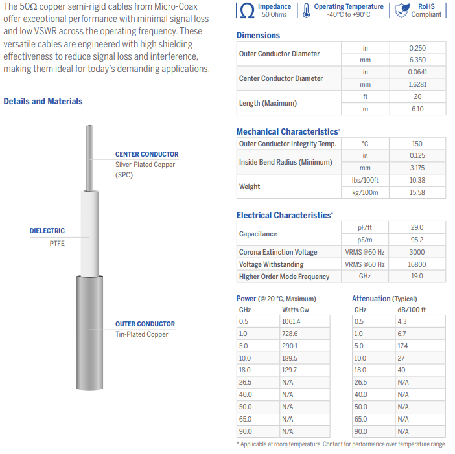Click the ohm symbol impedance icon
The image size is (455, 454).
tap(247, 10)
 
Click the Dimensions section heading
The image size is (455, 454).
tap(258, 35)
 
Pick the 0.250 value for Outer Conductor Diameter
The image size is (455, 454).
tap(417, 48)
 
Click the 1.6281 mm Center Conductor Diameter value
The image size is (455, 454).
tap(417, 84)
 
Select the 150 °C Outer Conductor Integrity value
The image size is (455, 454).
tap(417, 144)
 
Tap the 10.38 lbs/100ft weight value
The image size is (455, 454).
tap(417, 180)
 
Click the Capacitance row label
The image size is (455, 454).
tap(258, 234)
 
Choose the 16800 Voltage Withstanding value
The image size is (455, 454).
tap(417, 264)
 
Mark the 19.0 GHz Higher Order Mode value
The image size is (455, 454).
tap(417, 277)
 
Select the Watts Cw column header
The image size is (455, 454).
tap(295, 310)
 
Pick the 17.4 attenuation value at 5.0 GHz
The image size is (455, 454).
tap(402, 346)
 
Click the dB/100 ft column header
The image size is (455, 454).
tap(412, 310)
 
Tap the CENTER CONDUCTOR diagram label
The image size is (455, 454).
tap(146, 154)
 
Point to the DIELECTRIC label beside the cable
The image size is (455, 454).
tap(47, 231)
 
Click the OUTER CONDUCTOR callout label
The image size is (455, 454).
tap(145, 324)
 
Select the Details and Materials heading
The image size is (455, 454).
tap(43, 101)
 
